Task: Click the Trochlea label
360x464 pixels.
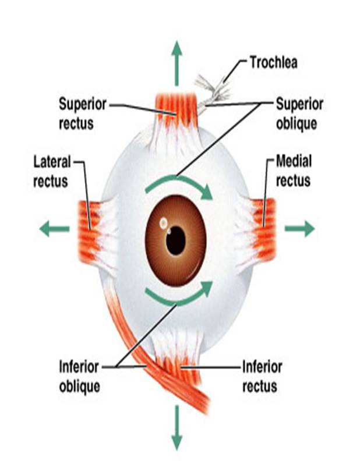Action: [273, 62]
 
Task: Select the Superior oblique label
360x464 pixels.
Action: [299, 114]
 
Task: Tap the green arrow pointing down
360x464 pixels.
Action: [176, 428]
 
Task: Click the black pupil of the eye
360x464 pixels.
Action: [175, 240]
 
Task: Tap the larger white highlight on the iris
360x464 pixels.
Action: [164, 222]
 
